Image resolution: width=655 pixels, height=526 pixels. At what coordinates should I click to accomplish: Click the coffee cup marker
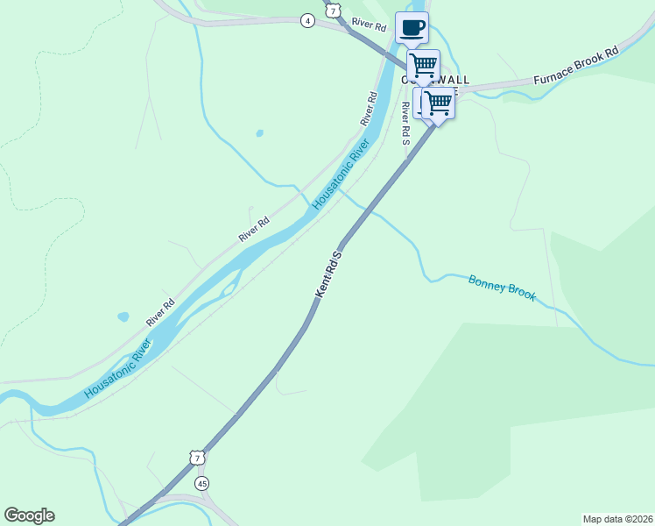(x=412, y=27)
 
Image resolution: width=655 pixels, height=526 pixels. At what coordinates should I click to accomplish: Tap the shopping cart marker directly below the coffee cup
(x=424, y=65)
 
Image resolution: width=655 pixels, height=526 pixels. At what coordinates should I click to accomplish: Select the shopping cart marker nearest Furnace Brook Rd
(x=438, y=103)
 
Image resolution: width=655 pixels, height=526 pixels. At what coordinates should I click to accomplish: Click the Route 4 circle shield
(x=307, y=20)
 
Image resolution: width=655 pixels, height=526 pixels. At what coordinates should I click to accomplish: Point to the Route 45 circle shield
(x=203, y=483)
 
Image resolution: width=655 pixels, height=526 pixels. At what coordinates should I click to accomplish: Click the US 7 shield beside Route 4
(x=332, y=11)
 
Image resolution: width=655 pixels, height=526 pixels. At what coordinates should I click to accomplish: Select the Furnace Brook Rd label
(x=576, y=66)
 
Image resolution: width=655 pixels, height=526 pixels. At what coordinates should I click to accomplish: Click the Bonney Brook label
(x=502, y=288)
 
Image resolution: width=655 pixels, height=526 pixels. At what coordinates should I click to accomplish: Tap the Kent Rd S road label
(x=327, y=273)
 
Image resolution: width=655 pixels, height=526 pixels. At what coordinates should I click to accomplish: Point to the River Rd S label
(x=405, y=123)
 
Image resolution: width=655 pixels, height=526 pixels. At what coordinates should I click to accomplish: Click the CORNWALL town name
(x=435, y=80)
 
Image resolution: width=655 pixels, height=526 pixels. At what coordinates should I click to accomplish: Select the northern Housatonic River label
(x=337, y=181)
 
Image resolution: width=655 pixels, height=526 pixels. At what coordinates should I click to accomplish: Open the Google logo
(x=29, y=515)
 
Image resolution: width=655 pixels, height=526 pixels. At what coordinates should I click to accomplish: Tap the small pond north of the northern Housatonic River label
(x=259, y=134)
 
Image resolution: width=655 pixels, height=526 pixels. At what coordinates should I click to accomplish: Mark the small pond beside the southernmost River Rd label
(x=123, y=316)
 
